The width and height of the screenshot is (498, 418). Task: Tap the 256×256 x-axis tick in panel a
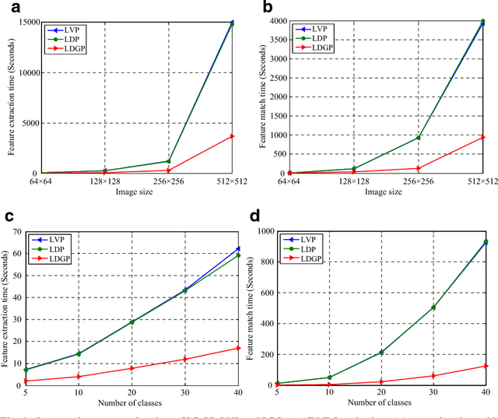click(168, 181)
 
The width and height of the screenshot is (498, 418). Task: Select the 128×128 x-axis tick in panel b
click(354, 181)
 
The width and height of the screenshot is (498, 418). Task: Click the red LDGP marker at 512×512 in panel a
click(231, 136)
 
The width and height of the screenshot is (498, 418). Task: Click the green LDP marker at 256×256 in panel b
click(418, 138)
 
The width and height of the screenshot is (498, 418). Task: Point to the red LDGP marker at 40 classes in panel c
click(238, 348)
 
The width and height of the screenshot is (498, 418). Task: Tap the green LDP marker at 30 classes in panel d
click(433, 307)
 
